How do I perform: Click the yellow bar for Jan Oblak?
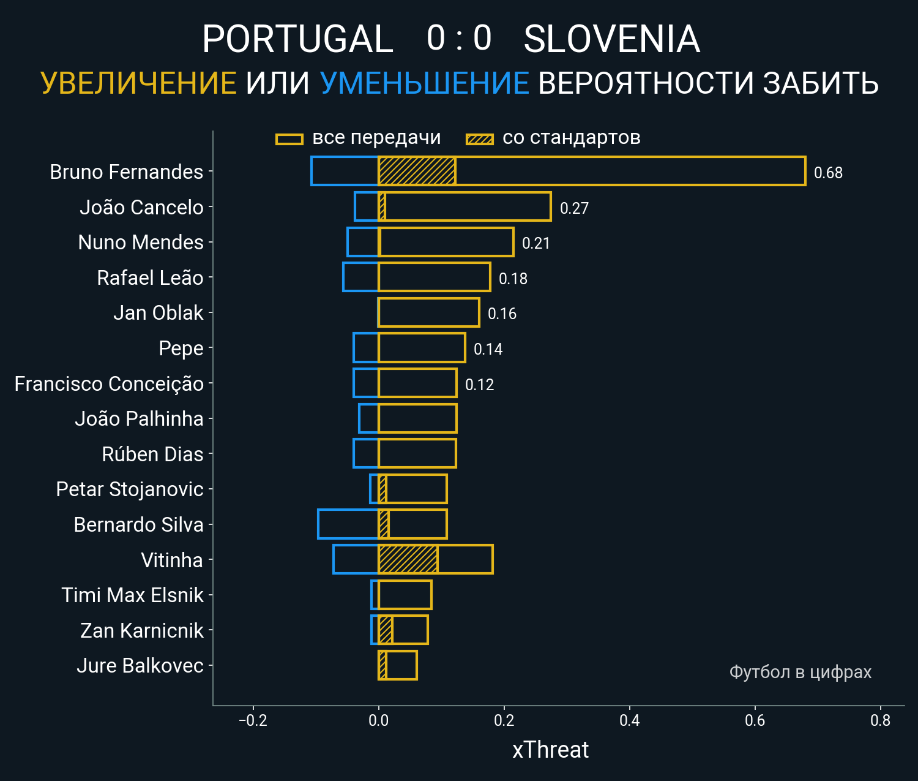pyautogui.click(x=428, y=312)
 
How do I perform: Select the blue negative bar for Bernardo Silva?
pyautogui.click(x=348, y=524)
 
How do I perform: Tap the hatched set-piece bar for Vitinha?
pyautogui.click(x=408, y=559)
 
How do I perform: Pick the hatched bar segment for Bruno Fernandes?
pyautogui.click(x=416, y=171)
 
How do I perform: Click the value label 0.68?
pyautogui.click(x=828, y=173)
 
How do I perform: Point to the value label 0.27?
pyautogui.click(x=574, y=208)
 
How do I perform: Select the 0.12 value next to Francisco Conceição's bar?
pyautogui.click(x=479, y=385)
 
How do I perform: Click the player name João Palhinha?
pyautogui.click(x=139, y=419)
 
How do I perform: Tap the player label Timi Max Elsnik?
pyautogui.click(x=132, y=595)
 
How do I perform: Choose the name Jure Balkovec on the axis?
pyautogui.click(x=140, y=666)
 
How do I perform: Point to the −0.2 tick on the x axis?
pyautogui.click(x=253, y=720)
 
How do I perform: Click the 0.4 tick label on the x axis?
pyautogui.click(x=629, y=720)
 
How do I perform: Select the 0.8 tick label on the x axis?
pyautogui.click(x=880, y=720)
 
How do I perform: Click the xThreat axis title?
pyautogui.click(x=550, y=750)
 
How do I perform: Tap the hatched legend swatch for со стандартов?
pyautogui.click(x=479, y=139)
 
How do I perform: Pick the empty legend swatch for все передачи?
pyautogui.click(x=289, y=139)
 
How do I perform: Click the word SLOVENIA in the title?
pyautogui.click(x=611, y=39)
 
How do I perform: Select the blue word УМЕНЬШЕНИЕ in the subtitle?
pyautogui.click(x=424, y=83)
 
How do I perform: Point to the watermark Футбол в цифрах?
pyautogui.click(x=800, y=672)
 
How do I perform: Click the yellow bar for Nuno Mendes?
pyautogui.click(x=446, y=242)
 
